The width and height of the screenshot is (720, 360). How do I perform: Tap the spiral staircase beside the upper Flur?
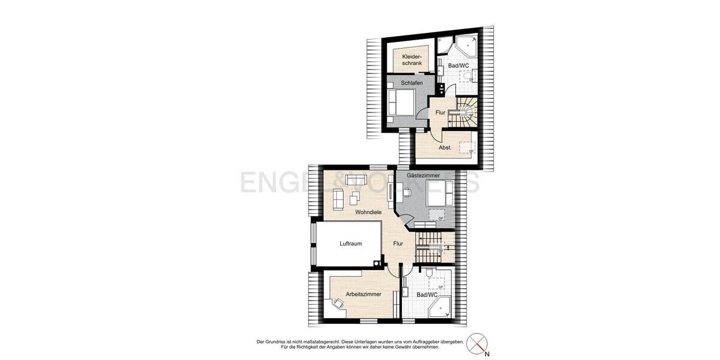465,112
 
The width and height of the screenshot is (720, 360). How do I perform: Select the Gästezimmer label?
424,175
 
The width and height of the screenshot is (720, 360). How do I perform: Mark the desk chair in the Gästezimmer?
407,191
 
